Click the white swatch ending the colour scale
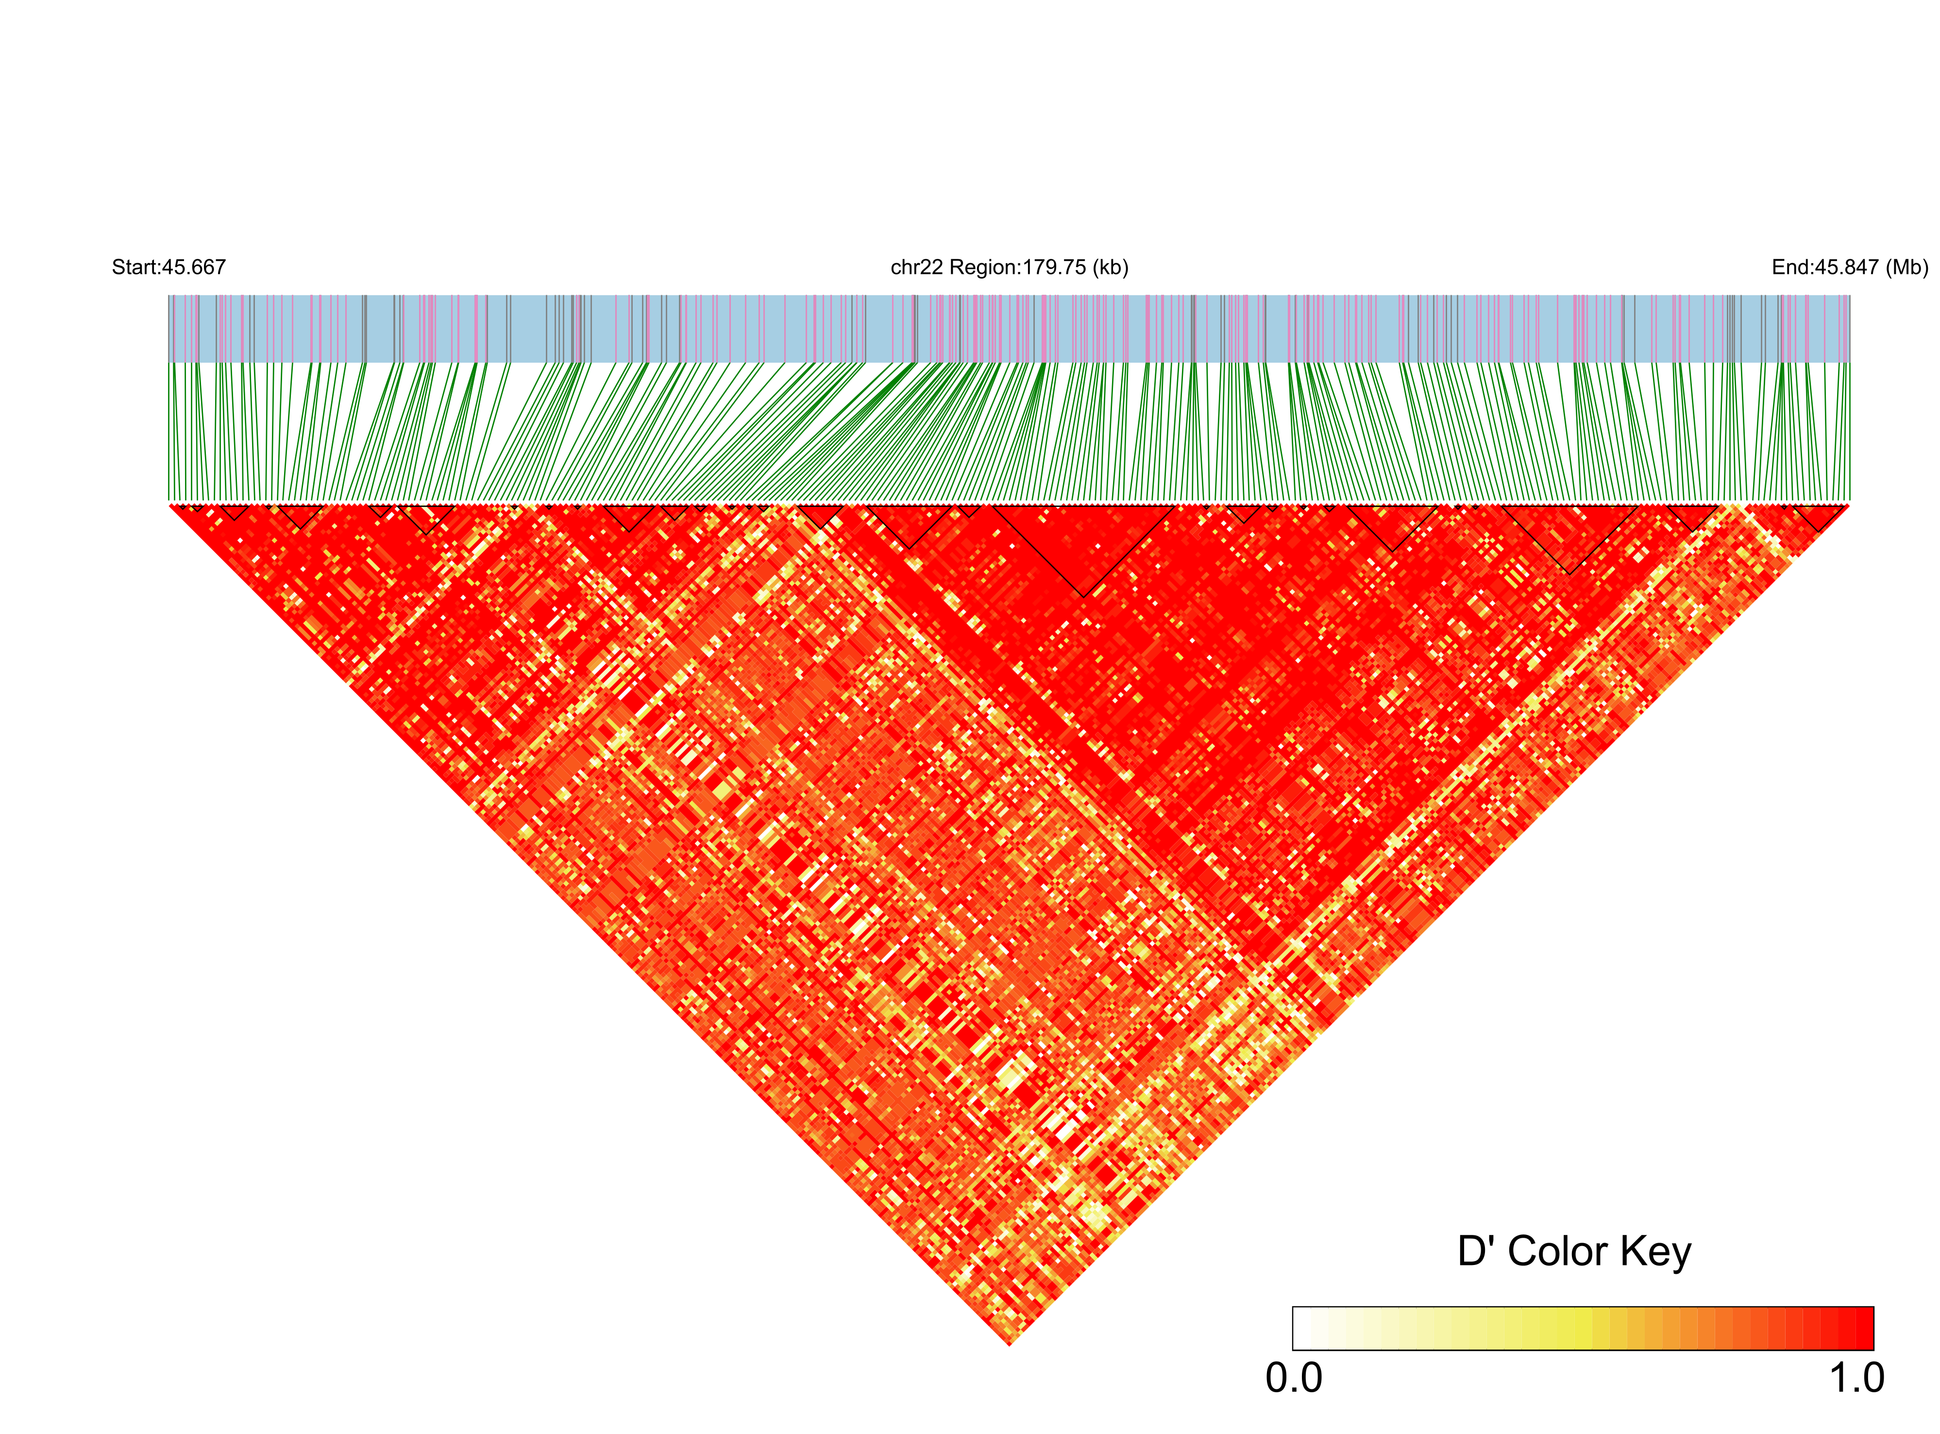click(x=1302, y=1328)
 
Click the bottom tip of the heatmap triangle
click(x=1010, y=1344)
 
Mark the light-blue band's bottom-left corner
click(x=169, y=361)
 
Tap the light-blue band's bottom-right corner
click(x=1849, y=361)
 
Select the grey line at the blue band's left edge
click(x=169, y=328)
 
